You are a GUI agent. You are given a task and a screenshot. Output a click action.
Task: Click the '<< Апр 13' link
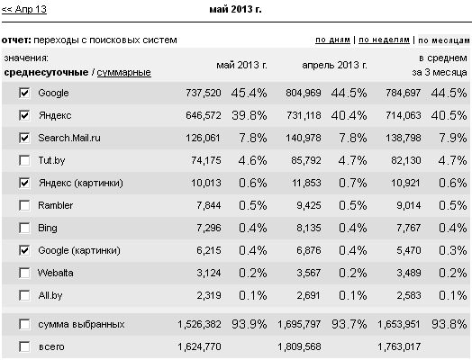coord(24,9)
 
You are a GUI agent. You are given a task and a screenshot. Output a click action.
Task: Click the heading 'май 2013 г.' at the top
coord(235,10)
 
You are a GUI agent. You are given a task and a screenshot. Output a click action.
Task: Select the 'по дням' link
coord(332,40)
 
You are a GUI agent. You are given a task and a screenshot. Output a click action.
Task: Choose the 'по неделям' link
coord(384,40)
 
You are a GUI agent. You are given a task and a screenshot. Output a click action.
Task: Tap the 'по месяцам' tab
coord(444,40)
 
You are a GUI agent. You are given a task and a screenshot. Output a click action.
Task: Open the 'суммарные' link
coord(123,73)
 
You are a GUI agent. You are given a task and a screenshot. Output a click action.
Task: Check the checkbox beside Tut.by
coord(24,160)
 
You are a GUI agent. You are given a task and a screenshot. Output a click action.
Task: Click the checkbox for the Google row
coord(24,93)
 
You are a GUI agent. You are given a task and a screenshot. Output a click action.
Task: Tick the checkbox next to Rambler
coord(24,205)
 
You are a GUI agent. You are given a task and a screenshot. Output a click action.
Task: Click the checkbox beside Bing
coord(24,228)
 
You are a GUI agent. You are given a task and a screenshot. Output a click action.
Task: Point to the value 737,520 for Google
coord(204,93)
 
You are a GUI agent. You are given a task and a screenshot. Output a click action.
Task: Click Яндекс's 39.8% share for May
coord(250,115)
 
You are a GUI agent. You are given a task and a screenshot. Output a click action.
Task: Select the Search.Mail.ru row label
coord(69,138)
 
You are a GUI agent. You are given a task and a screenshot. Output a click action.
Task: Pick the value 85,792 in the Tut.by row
coord(306,160)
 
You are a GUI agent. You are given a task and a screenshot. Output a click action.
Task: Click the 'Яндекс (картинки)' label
coord(81,184)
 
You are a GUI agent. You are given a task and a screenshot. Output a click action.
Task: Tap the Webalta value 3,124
coord(209,273)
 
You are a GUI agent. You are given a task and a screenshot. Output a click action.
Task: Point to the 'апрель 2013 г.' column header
coord(334,65)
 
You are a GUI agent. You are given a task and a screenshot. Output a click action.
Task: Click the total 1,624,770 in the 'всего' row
coord(199,347)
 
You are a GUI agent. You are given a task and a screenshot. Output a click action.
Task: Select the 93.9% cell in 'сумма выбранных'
coord(250,324)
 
